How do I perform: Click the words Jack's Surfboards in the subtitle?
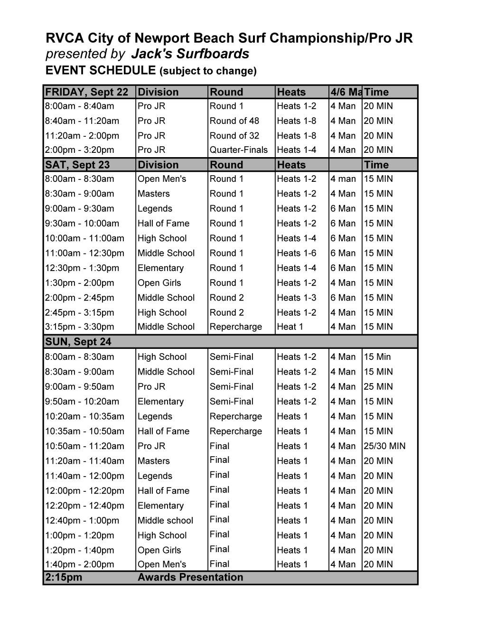(x=190, y=54)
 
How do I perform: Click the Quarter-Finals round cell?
(x=239, y=150)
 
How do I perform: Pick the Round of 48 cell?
(x=234, y=121)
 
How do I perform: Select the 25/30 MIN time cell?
(x=384, y=446)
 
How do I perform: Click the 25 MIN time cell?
(x=378, y=386)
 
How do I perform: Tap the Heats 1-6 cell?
(x=297, y=253)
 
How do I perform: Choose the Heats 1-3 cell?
(x=297, y=298)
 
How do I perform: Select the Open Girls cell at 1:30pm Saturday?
(x=159, y=283)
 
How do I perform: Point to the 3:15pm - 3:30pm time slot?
(x=80, y=327)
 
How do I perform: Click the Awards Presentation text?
(x=190, y=577)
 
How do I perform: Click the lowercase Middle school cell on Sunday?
(x=165, y=520)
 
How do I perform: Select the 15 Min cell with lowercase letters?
(x=377, y=357)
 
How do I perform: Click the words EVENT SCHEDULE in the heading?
(x=100, y=70)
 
